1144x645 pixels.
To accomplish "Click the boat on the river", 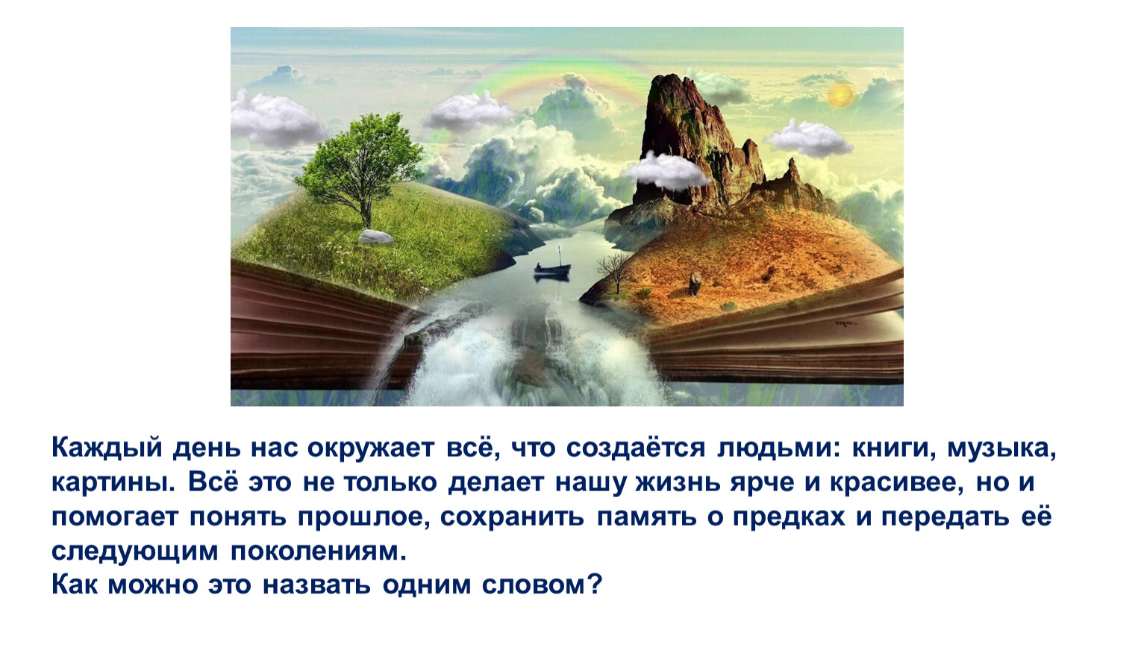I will click(x=552, y=270).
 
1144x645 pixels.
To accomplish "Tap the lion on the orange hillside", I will click(x=695, y=283).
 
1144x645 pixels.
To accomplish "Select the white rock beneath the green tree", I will click(x=375, y=237).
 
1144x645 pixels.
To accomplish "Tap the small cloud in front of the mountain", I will click(x=666, y=170).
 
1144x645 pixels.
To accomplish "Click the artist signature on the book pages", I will click(x=844, y=323).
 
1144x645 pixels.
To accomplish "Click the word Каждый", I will click(x=107, y=449).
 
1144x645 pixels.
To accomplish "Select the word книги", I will click(x=893, y=449).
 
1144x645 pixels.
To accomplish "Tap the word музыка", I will click(x=1001, y=449).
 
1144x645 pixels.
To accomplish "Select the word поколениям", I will click(x=319, y=552).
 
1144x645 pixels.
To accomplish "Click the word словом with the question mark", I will click(x=542, y=585).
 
